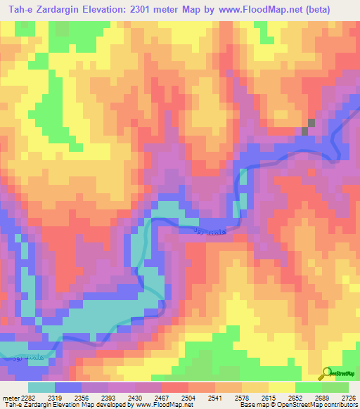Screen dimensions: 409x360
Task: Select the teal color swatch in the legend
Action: (41, 387)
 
